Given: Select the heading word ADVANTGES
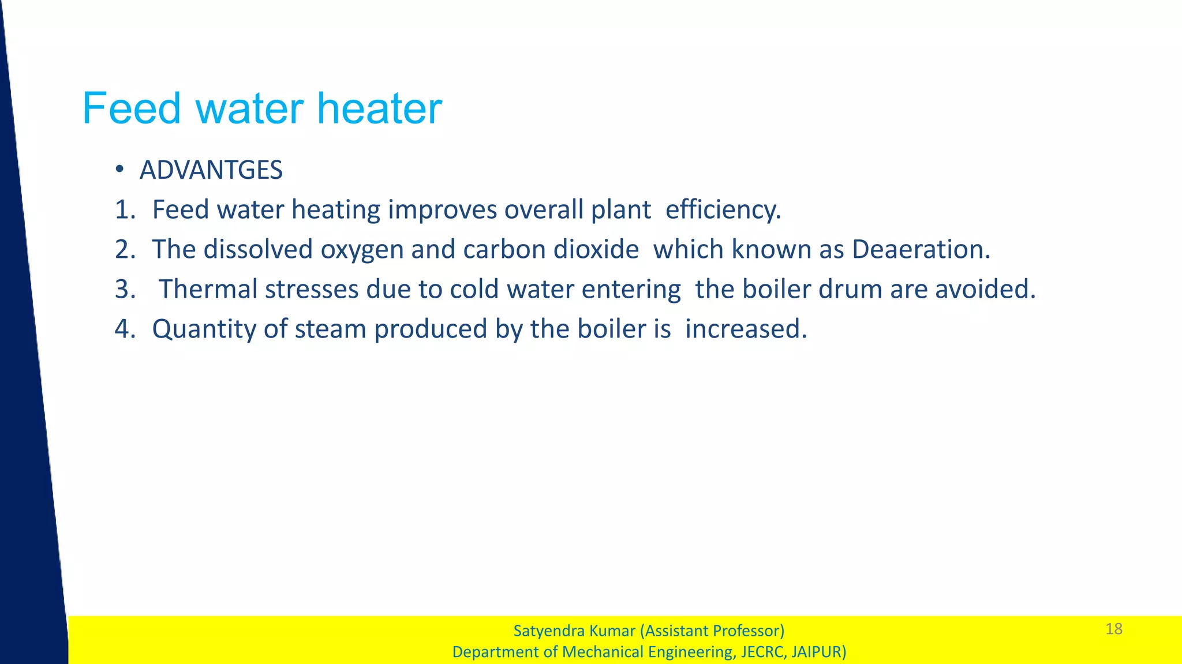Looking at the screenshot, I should tap(211, 170).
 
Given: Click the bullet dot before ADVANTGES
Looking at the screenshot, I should tap(119, 169).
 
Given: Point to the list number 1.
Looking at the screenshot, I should tap(124, 209).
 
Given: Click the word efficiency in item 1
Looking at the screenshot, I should tap(723, 209).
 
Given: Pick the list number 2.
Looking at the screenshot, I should tap(124, 249).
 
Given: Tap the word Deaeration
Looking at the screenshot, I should tap(921, 249).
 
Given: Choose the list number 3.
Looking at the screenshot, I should tap(124, 289).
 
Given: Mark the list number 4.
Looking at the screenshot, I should tap(124, 329).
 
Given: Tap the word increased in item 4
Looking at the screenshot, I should tap(745, 329).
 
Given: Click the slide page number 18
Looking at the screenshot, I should tap(1114, 629).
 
